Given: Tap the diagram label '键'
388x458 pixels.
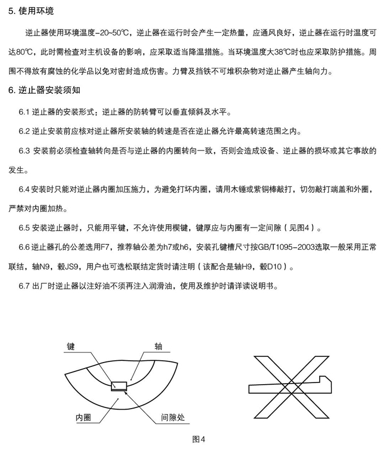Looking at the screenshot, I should coord(70,346).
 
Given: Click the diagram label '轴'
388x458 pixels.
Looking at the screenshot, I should coord(159,346).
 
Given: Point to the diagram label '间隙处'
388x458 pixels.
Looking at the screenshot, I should coord(172,417).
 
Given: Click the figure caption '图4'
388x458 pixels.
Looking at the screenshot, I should coord(198,439).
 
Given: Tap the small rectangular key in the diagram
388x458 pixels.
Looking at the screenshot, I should coord(119,385).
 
